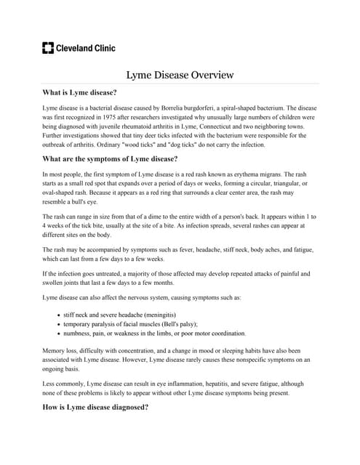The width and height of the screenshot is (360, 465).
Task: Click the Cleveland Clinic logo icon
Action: (49, 48)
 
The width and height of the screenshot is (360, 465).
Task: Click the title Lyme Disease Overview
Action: (180, 75)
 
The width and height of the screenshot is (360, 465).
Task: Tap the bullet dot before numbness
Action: (57, 333)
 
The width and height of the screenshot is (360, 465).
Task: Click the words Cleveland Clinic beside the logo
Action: (86, 48)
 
